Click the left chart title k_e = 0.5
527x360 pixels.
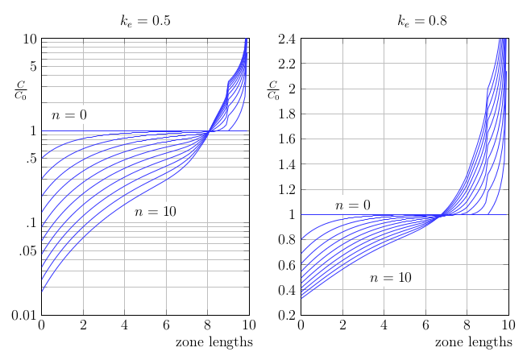pyautogui.click(x=145, y=21)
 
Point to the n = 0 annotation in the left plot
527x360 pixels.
pyautogui.click(x=69, y=115)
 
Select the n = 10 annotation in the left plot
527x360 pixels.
pyautogui.click(x=156, y=212)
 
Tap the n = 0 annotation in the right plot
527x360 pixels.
pyautogui.click(x=353, y=205)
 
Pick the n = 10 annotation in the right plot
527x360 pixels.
pyautogui.click(x=391, y=278)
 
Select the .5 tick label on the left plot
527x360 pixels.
pyautogui.click(x=31, y=159)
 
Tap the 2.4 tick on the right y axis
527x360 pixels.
pyautogui.click(x=288, y=39)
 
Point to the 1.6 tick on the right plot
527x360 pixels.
pyautogui.click(x=288, y=139)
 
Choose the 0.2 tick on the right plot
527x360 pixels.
pyautogui.click(x=288, y=315)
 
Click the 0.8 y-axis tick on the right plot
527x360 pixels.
pyautogui.click(x=288, y=239)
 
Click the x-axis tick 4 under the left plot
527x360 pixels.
pyautogui.click(x=124, y=325)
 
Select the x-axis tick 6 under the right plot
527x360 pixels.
pyautogui.click(x=425, y=325)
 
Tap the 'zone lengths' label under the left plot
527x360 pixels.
pyautogui.click(x=214, y=343)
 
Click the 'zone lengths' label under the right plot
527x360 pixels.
pyautogui.click(x=473, y=343)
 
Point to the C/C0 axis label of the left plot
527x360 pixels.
pyautogui.click(x=20, y=90)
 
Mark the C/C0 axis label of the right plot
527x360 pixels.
pyautogui.click(x=273, y=90)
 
